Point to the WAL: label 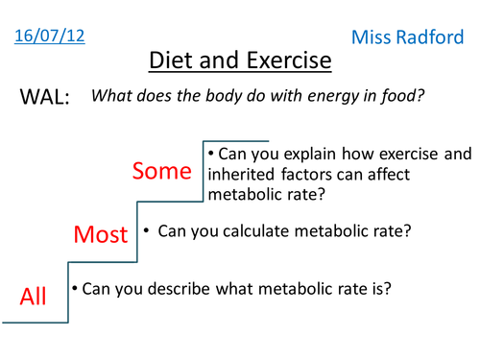click(x=44, y=98)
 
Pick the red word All click(x=34, y=297)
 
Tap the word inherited click(x=241, y=173)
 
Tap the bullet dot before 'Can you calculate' click(x=146, y=230)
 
